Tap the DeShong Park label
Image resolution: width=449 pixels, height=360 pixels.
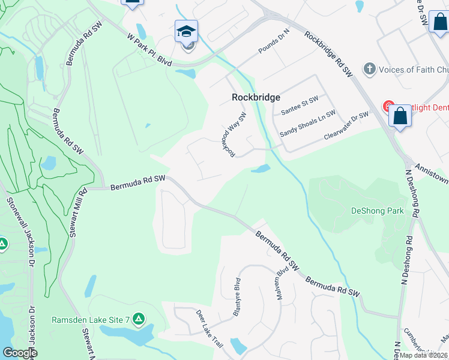[377, 211]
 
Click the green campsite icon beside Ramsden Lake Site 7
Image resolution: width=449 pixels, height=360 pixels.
[139, 318]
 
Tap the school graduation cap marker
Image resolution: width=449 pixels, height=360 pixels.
[187, 31]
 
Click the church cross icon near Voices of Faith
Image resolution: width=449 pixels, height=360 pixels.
[370, 70]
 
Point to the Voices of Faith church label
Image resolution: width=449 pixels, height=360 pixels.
[414, 70]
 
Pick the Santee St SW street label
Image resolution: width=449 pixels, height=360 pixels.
[299, 106]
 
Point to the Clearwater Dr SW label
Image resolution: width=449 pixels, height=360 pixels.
[346, 125]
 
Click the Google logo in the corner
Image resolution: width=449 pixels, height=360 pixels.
[20, 353]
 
